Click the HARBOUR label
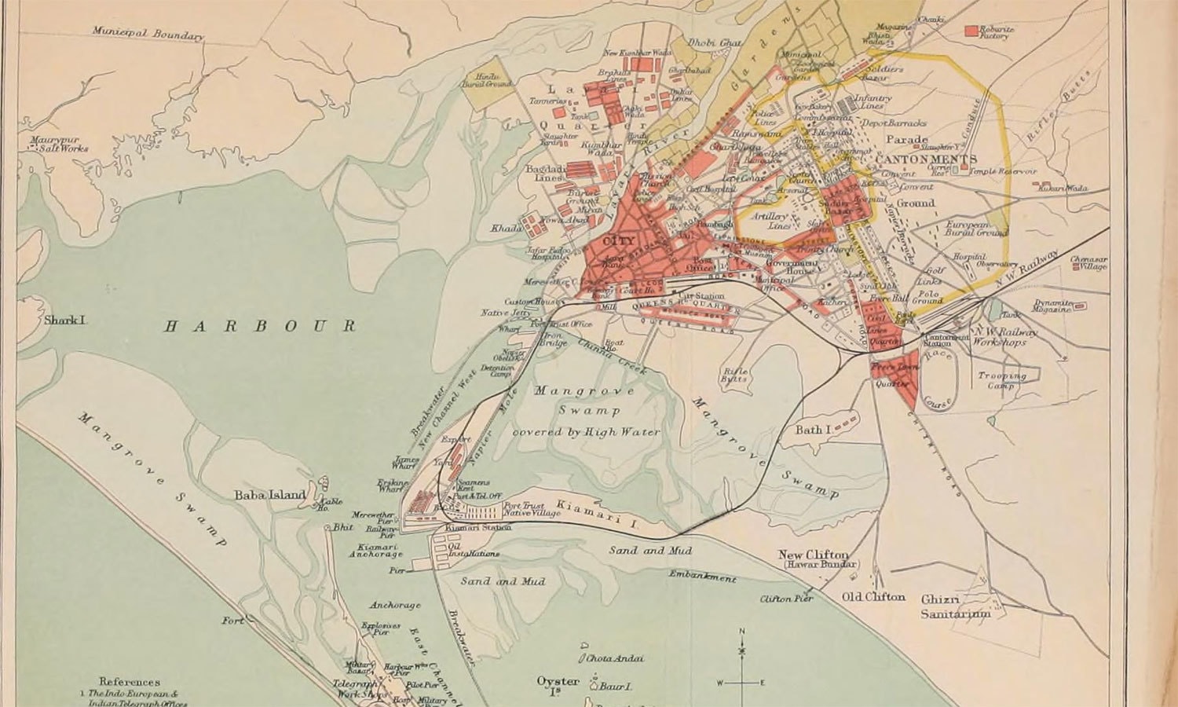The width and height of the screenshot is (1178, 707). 259,326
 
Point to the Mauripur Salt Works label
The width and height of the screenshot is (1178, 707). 59,145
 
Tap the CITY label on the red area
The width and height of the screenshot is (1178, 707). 615,241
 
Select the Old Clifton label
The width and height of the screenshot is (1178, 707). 873,597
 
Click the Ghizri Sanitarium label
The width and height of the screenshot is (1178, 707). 955,606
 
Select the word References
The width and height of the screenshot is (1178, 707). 130,682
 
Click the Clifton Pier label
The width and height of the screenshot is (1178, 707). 785,599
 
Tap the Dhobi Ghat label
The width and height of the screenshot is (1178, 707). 715,42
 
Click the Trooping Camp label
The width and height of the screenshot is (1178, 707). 1001,380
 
